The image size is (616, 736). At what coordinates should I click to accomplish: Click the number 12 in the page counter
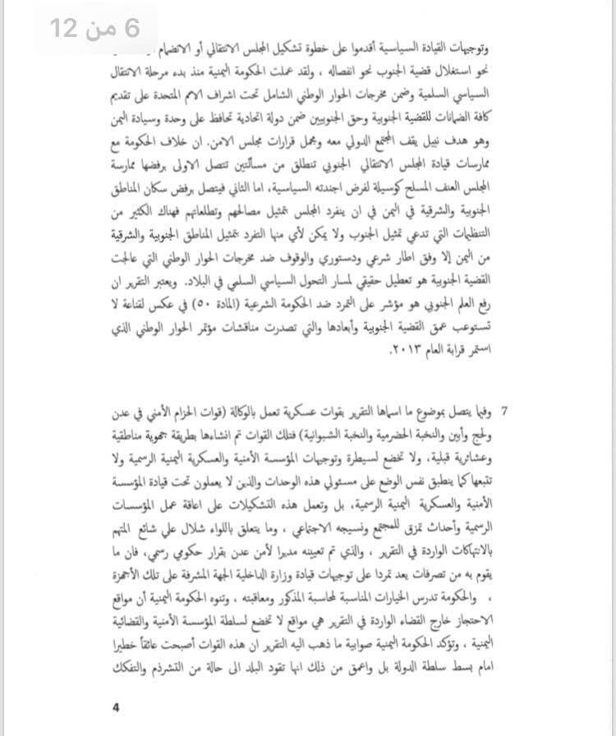pyautogui.click(x=66, y=28)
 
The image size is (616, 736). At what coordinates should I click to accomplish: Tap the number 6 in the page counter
pyautogui.click(x=127, y=28)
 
